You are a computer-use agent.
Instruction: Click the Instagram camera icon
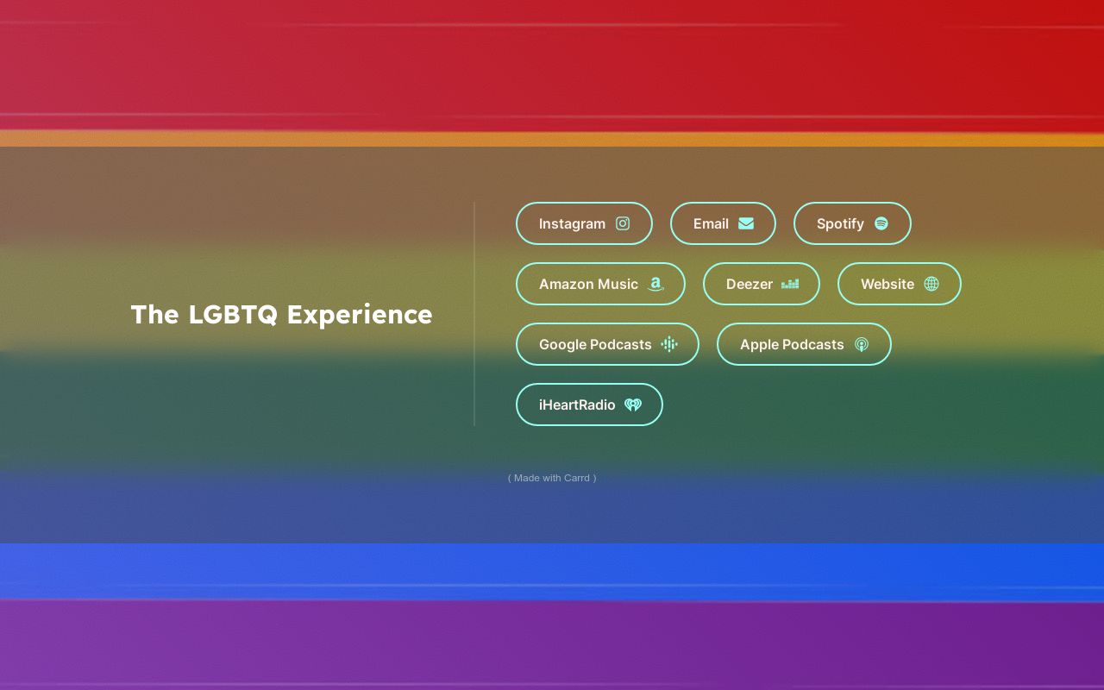pos(623,223)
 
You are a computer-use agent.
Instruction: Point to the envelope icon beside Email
pos(746,223)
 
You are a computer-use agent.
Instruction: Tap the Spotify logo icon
pos(881,223)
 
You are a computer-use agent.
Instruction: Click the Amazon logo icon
pos(656,284)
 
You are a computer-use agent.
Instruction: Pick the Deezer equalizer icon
pos(790,284)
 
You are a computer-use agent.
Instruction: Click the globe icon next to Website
pos(931,284)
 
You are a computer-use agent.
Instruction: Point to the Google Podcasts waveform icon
pos(669,344)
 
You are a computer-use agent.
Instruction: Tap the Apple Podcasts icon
pos(862,344)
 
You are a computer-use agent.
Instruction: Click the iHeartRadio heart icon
pos(633,405)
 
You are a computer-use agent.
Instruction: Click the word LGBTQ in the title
pos(233,315)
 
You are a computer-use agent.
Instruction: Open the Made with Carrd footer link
pos(552,478)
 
